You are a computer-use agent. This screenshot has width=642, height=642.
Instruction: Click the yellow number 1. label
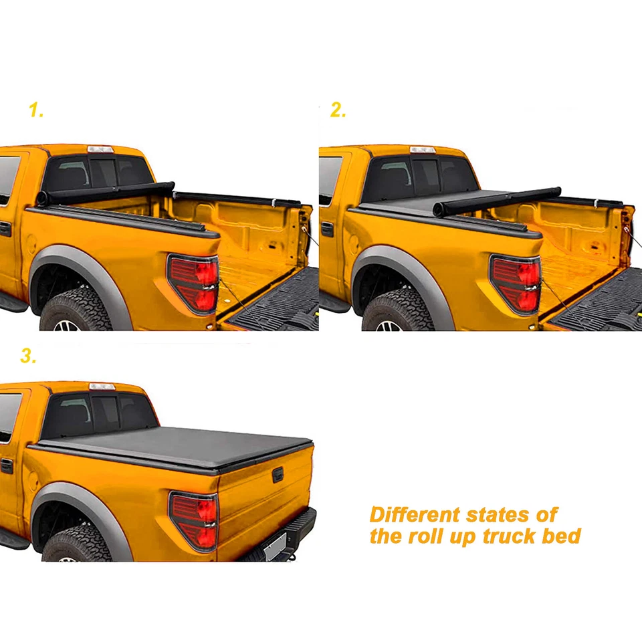[36, 111]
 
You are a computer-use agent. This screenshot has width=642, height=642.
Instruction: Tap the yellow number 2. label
[338, 111]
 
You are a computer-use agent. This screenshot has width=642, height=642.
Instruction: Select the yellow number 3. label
[27, 356]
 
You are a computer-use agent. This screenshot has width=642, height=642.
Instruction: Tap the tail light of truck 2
[516, 284]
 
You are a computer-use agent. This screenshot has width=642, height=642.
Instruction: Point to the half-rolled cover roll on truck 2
[495, 200]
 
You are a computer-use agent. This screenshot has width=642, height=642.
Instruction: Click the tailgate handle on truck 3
[277, 474]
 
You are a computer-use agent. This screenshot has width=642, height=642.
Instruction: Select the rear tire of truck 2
[397, 312]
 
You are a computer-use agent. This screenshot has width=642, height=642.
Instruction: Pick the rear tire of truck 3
[77, 545]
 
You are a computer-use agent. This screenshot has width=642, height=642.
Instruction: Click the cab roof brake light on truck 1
[100, 149]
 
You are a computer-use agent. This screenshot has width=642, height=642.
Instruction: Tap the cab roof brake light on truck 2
[422, 149]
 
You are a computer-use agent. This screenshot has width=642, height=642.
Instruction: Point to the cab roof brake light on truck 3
[102, 387]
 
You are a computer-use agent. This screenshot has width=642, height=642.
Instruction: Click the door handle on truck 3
[6, 465]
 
